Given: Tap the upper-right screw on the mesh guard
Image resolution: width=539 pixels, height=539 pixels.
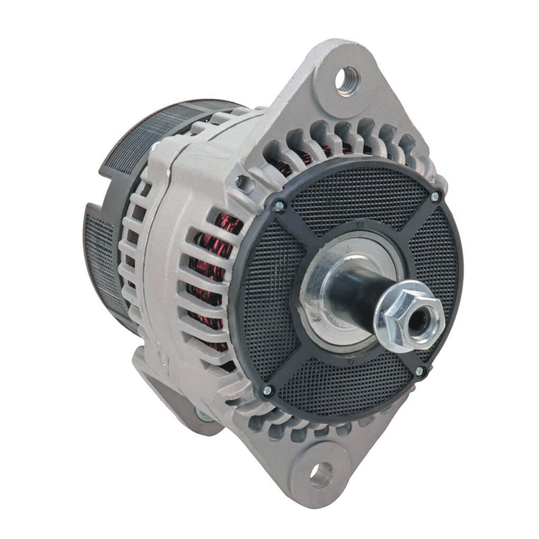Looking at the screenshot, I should [x=435, y=197].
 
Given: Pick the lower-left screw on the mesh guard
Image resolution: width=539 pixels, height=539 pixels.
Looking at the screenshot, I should [x=267, y=390].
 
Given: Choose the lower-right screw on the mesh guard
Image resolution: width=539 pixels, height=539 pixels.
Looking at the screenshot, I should [x=420, y=371].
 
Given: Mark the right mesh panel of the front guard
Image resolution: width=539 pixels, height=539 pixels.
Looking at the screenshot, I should [x=438, y=269].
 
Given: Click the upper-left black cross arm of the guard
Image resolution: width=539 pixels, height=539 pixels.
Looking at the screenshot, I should [x=303, y=226].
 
